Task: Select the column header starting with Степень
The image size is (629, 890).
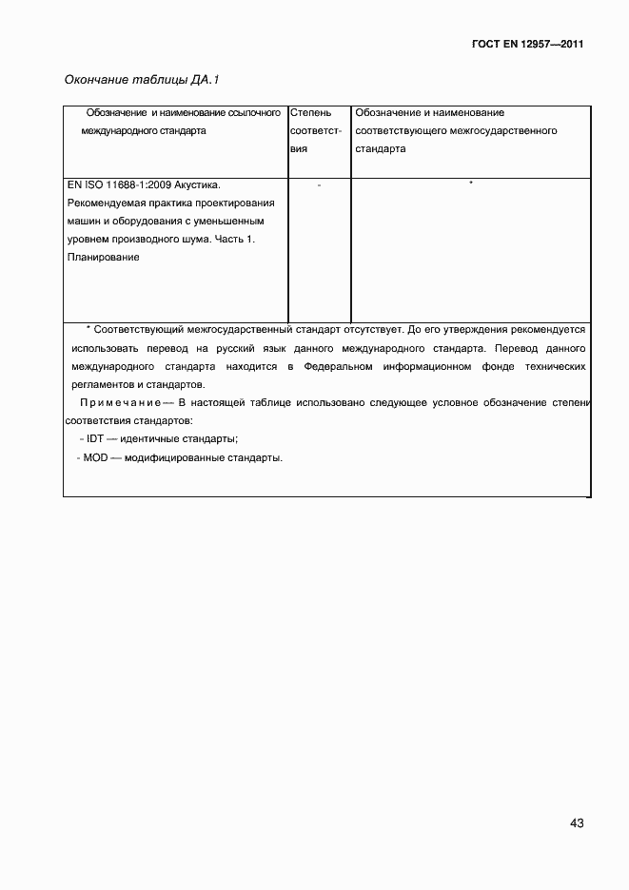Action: coord(309,113)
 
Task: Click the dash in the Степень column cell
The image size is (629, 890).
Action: coord(319,184)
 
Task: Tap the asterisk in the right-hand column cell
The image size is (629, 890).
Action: coord(470,183)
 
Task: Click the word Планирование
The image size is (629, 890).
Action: coord(105,257)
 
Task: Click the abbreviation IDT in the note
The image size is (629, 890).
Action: coord(95,438)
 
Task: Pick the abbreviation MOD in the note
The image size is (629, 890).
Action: coord(96,457)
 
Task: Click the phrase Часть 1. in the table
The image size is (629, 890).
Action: coord(234,239)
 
